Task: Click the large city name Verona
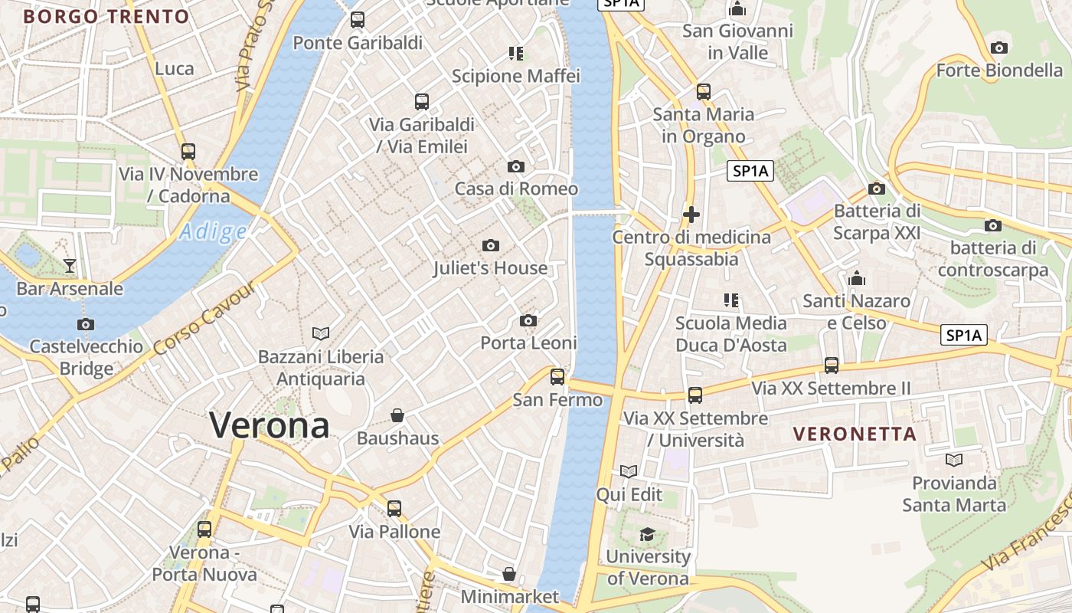270,425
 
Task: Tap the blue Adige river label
213,232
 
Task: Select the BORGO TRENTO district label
106,17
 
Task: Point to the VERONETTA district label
855,434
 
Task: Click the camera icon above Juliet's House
491,245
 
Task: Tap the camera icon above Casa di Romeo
516,166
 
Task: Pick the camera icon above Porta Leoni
528,320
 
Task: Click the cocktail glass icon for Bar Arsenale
70,266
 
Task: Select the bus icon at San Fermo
557,376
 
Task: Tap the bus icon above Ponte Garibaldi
358,20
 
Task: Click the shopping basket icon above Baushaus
397,415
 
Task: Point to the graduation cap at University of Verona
648,534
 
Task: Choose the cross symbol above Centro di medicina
691,215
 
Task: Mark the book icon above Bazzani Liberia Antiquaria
321,333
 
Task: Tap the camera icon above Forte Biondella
998,48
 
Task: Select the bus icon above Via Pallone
394,508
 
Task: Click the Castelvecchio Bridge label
86,357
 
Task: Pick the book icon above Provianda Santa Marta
954,460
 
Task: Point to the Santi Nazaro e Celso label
856,312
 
